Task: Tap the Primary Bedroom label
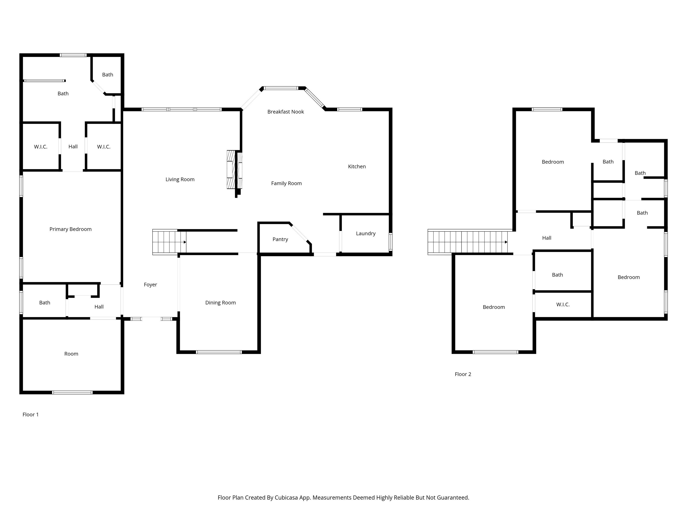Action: click(x=70, y=229)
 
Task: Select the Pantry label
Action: click(x=280, y=239)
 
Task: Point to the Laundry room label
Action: click(x=366, y=233)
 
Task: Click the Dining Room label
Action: click(x=221, y=303)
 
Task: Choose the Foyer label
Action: click(x=150, y=285)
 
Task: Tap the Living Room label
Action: click(x=180, y=179)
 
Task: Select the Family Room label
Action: click(x=286, y=184)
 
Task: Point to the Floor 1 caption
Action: click(x=30, y=414)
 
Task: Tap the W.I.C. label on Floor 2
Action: click(x=563, y=304)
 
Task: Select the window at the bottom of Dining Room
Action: click(x=219, y=352)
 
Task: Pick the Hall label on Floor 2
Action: click(x=547, y=238)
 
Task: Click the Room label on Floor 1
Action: click(x=71, y=354)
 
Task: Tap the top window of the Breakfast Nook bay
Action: click(x=281, y=88)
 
